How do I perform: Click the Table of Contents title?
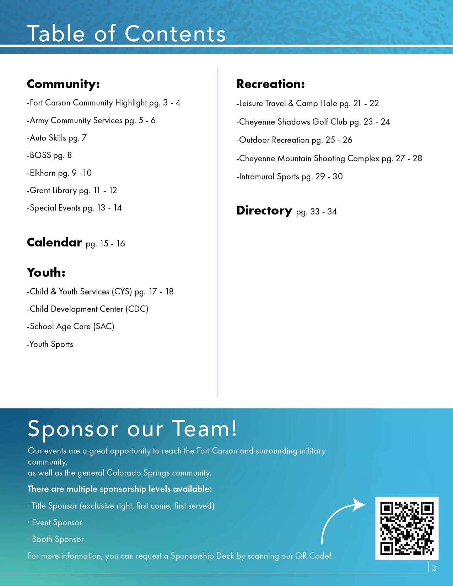[126, 34]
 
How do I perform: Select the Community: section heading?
[63, 84]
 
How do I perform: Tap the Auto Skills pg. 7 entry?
[57, 138]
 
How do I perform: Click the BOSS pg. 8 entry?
[49, 155]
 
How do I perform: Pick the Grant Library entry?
[72, 190]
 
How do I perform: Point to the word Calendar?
[54, 242]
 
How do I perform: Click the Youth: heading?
[46, 273]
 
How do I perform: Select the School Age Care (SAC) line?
[71, 326]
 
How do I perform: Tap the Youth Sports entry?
[50, 344]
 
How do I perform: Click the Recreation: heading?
[270, 84]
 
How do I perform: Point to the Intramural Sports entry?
[290, 177]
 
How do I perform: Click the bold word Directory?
[264, 211]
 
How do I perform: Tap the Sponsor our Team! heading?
[132, 428]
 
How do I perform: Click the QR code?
[407, 528]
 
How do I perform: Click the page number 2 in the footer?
[434, 568]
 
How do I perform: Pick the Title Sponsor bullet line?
[122, 506]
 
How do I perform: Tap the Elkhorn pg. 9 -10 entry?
[59, 173]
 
